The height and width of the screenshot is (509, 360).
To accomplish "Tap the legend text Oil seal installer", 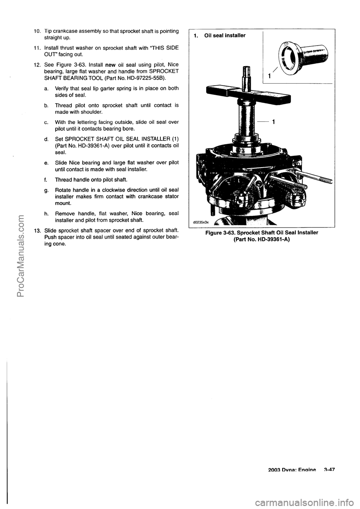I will pos(225,36).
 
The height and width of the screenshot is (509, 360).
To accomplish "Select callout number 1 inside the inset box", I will pos(269,76).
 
